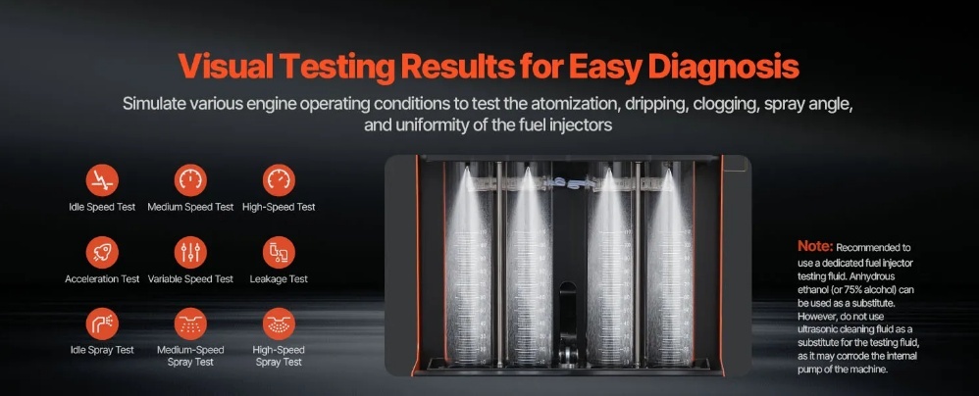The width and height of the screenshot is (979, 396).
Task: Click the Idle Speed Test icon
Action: point(102,180)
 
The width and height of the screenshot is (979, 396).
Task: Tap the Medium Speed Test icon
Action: point(190,180)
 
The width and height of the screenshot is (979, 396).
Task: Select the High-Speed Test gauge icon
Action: point(279,180)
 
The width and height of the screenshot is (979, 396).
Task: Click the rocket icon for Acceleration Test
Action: point(102,253)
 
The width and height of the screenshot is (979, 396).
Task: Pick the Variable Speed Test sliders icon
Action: point(190,253)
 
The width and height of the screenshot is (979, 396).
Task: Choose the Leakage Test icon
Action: point(279,253)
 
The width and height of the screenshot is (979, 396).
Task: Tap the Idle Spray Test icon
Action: point(102,323)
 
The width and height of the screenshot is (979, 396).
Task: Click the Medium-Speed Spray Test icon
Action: point(190,323)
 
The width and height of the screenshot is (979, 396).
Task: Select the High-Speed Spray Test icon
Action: point(279,323)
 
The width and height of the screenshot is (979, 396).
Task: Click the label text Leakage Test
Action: point(279,278)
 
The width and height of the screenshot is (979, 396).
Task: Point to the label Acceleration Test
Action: point(102,278)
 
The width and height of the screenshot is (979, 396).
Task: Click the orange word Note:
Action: point(815,246)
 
